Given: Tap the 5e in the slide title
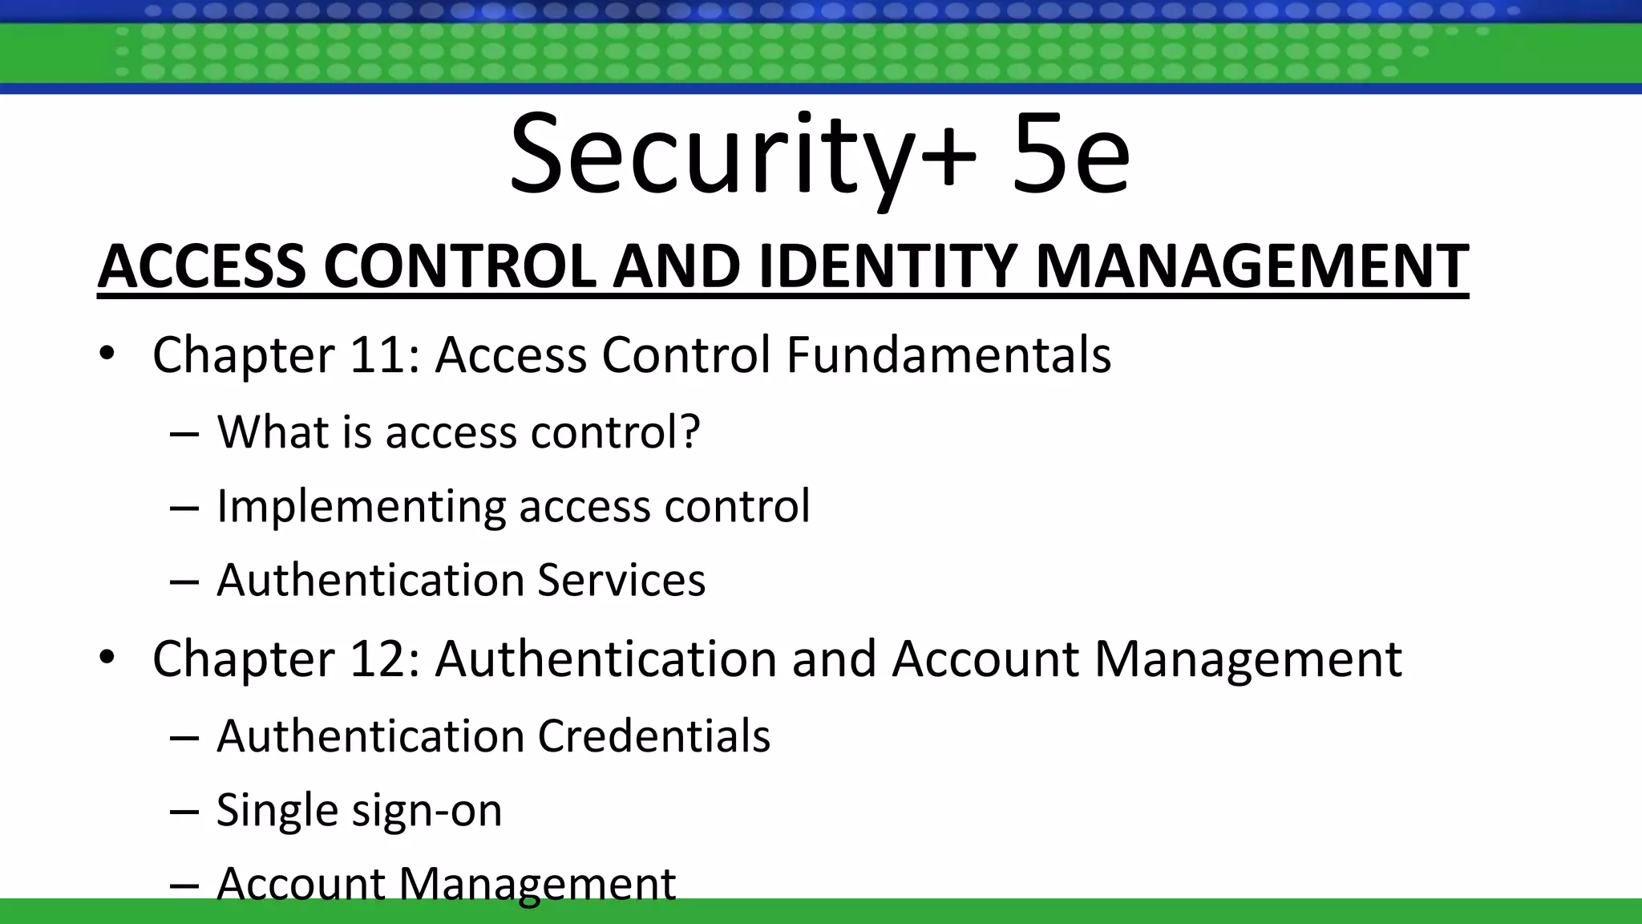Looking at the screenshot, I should tap(1070, 156).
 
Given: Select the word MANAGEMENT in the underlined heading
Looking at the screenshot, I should tap(1252, 267).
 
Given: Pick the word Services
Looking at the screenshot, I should tap(621, 580).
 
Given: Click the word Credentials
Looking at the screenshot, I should tap(653, 736).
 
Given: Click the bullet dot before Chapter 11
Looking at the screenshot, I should tap(107, 354).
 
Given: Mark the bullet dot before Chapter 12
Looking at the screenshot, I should tap(107, 658).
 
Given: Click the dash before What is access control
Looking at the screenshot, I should tap(184, 435).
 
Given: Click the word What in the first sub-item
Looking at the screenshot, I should tap(273, 432).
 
